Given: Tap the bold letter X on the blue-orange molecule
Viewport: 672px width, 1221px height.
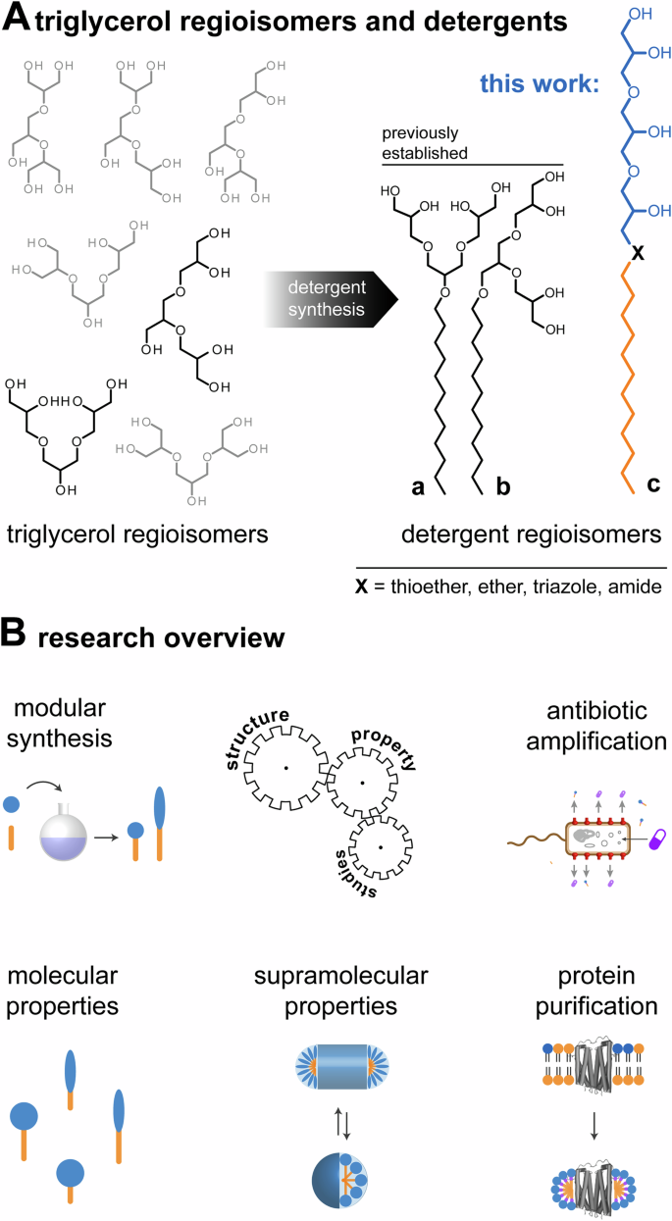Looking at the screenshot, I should tap(638, 253).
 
